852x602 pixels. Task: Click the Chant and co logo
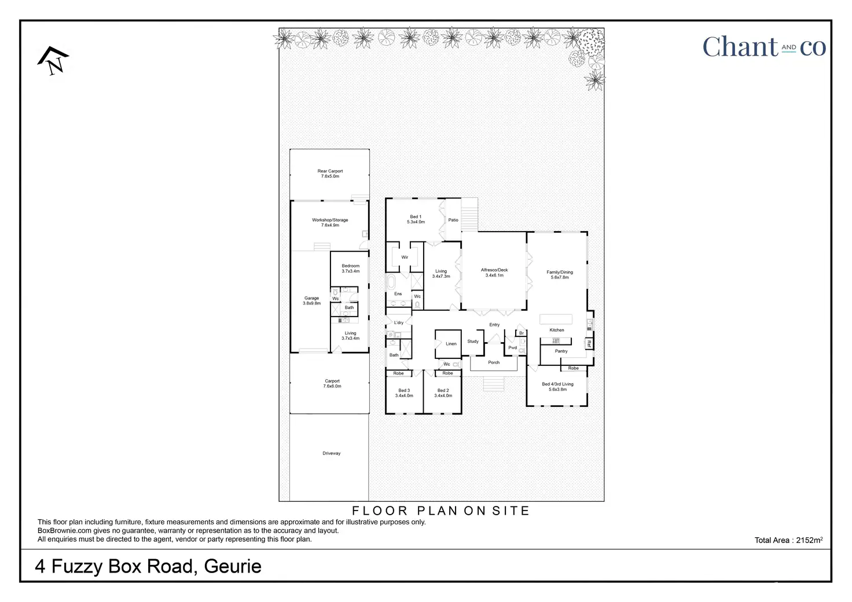pos(764,47)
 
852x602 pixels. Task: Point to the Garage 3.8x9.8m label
pos(311,301)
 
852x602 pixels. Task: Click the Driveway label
pos(331,453)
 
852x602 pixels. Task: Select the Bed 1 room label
pos(416,219)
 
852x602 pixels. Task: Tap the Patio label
pos(453,220)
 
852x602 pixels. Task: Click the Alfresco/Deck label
pos(494,273)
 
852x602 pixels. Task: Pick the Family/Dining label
pos(560,274)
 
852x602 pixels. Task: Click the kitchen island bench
pos(556,319)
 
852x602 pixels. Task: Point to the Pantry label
pos(561,351)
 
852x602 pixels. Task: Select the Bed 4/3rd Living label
pos(557,387)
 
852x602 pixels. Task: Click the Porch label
pos(494,362)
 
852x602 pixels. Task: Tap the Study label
pos(473,342)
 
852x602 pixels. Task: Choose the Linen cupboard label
pos(451,344)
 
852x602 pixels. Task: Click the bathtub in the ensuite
pos(391,283)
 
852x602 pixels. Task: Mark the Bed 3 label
pos(404,393)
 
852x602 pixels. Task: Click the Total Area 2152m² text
pos(788,540)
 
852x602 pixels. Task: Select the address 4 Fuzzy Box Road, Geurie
pos(148,566)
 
